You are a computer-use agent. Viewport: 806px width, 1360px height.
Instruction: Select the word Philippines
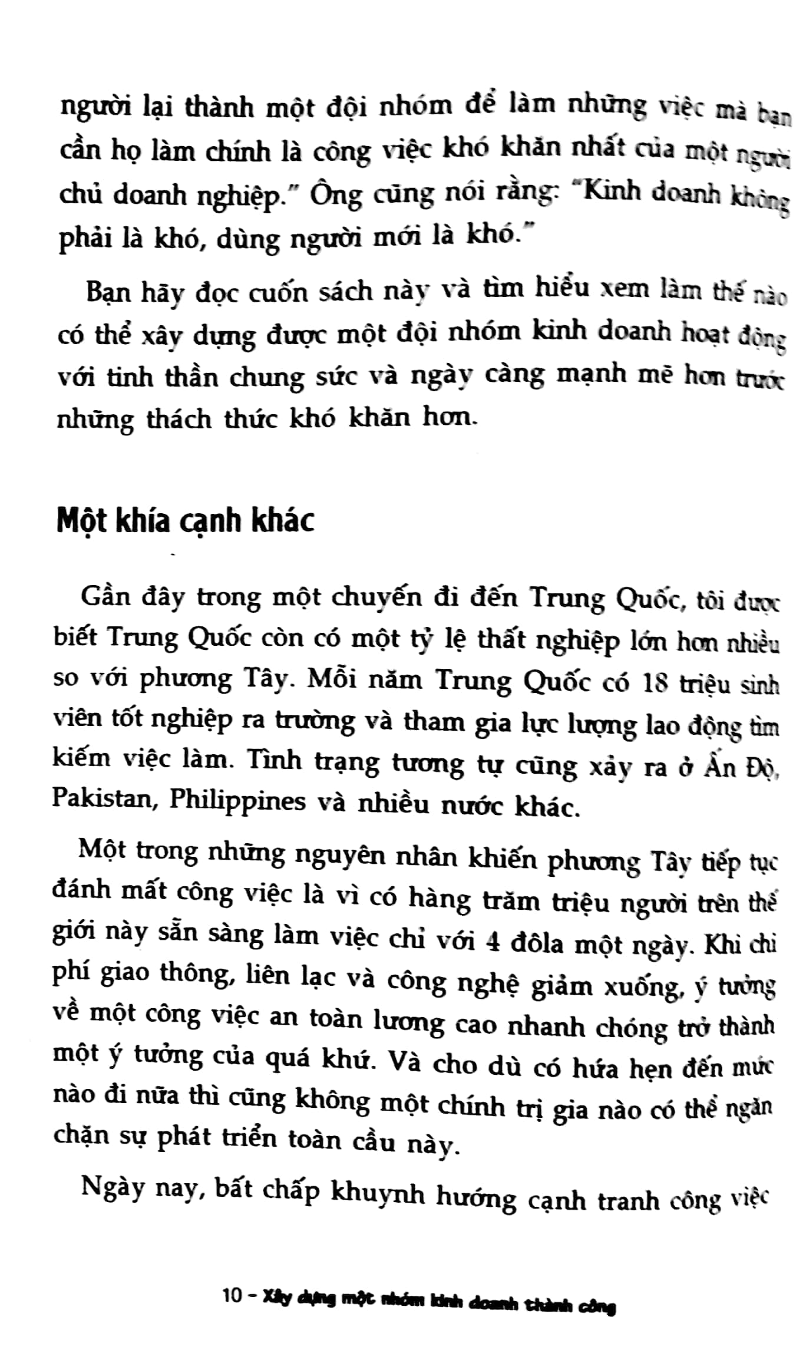point(237,802)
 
